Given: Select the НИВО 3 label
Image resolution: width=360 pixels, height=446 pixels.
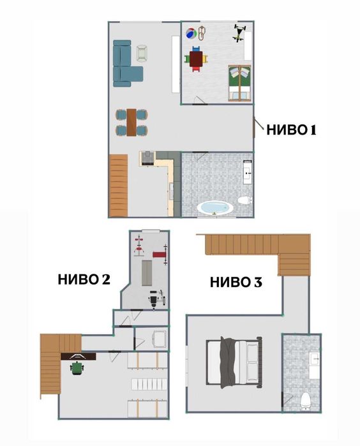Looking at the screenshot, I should pos(236,281).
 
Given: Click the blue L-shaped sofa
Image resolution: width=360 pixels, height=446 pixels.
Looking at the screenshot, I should pos(126,64).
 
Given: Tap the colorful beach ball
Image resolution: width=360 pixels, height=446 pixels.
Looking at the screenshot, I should pos(190,34).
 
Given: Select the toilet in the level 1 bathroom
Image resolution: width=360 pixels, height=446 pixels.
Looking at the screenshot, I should pos(244,201).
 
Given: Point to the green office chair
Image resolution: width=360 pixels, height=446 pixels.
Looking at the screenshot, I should pos(77,368).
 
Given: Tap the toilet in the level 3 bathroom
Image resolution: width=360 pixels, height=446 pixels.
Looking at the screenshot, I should pos(304,400).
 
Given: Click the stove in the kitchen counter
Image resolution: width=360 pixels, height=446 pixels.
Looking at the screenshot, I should pos(147,158).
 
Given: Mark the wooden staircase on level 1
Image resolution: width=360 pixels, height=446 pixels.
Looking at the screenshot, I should pos(119,186).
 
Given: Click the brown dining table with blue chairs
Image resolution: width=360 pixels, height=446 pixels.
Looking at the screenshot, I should pos(131,122).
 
